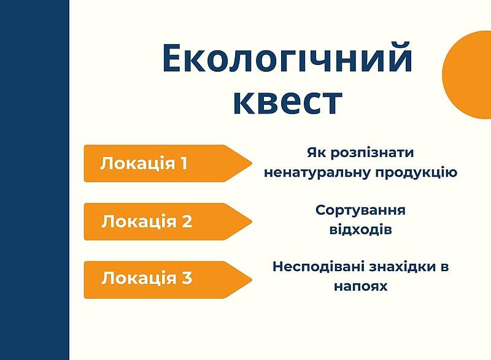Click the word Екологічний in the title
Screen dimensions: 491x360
click(287, 58)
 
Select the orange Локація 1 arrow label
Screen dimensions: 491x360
click(168, 163)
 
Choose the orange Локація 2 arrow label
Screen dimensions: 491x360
click(168, 221)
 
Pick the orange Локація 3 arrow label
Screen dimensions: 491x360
click(168, 280)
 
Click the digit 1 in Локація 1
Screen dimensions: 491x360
click(184, 163)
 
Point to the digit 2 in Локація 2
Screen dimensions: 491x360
click(187, 221)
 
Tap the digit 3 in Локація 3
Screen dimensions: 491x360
click(187, 277)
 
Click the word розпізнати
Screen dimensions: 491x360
click(373, 153)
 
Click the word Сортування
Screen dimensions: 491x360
click(360, 210)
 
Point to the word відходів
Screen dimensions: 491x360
click(360, 229)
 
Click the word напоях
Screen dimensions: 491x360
click(360, 286)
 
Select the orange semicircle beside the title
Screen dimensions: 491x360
click(466, 74)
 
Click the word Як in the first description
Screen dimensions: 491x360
click(317, 153)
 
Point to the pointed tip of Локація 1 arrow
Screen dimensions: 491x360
click(252, 163)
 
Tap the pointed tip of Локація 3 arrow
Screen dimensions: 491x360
click(252, 280)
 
